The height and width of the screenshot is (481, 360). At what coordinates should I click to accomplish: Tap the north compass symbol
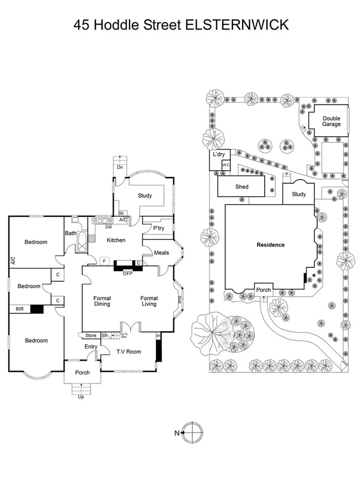(193, 433)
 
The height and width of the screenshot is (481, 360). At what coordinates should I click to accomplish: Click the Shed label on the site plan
(242, 187)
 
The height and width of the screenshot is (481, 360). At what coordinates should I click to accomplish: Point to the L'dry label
(219, 154)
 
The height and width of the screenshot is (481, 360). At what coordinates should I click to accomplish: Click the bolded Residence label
(271, 245)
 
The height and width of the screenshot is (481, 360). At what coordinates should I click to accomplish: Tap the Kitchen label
(116, 240)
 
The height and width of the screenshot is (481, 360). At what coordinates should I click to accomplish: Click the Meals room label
(161, 253)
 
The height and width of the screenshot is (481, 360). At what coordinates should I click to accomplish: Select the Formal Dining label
(102, 301)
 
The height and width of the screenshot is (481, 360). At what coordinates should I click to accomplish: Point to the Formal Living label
(149, 301)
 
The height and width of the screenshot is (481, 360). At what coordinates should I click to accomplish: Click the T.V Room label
(129, 351)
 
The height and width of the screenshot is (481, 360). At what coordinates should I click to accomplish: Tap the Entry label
(91, 347)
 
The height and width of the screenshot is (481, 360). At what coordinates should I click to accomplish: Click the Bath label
(71, 233)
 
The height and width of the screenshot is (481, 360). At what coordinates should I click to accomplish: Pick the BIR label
(19, 309)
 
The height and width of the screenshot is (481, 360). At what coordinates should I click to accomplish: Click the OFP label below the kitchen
(127, 274)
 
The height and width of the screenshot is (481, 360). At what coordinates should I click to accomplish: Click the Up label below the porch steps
(81, 397)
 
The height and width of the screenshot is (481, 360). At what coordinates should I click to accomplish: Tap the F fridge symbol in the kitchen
(104, 261)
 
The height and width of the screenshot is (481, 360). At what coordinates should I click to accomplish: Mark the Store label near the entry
(91, 336)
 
